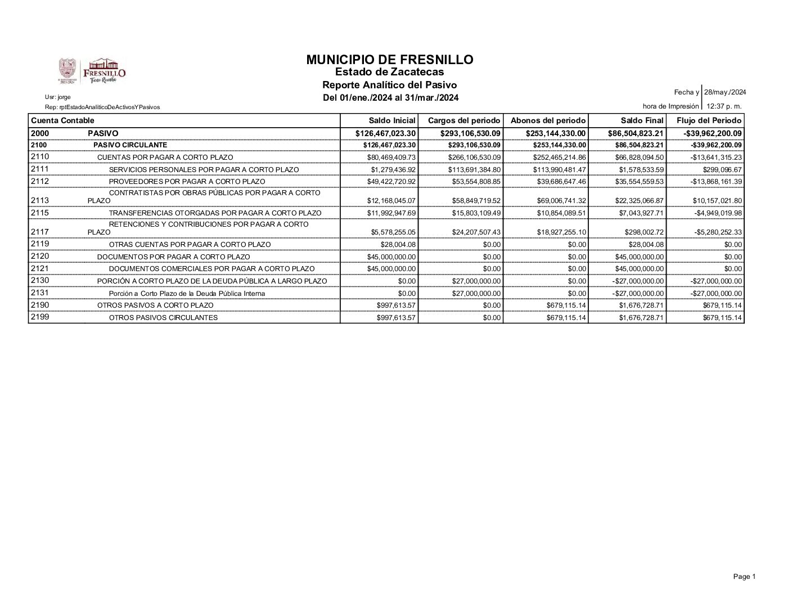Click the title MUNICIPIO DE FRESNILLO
[390, 60]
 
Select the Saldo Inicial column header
[392, 120]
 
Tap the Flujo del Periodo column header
[709, 120]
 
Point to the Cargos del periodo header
[464, 120]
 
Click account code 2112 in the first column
[40, 181]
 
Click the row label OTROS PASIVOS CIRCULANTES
[163, 318]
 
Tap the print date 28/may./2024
[726, 92]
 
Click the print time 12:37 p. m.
[724, 106]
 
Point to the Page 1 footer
[744, 577]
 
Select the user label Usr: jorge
[58, 97]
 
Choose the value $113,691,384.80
[474, 170]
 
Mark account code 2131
[40, 292]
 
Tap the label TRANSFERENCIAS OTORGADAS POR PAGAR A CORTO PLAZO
[215, 213]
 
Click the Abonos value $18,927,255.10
[559, 232]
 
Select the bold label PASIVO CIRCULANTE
[130, 145]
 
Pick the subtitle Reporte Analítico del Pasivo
[389, 85]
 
